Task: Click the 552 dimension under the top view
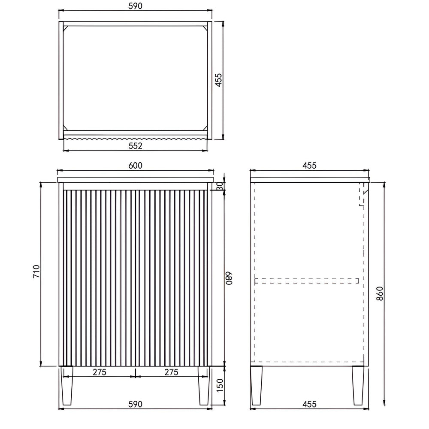click(x=136, y=146)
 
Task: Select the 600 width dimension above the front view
click(x=136, y=166)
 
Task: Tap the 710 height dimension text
click(x=36, y=272)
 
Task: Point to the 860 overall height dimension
click(x=380, y=293)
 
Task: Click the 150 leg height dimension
click(x=220, y=385)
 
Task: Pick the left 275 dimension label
click(x=100, y=372)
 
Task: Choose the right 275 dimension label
click(x=171, y=372)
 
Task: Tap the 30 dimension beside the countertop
click(x=220, y=186)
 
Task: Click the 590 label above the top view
click(x=136, y=6)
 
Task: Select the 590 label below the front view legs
click(x=136, y=404)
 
